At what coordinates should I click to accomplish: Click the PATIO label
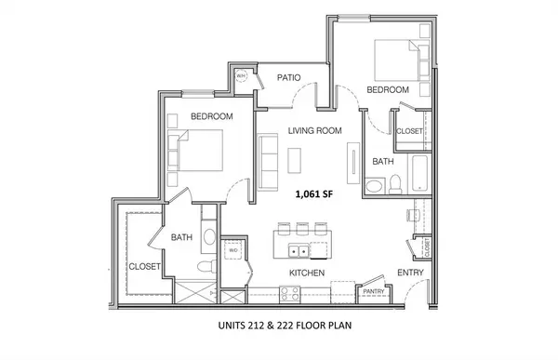[288, 77]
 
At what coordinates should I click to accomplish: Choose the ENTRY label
[410, 273]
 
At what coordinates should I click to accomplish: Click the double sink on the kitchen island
[299, 250]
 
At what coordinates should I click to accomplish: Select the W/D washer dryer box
[234, 250]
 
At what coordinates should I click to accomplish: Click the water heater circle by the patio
[238, 77]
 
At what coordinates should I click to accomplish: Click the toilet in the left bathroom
[203, 268]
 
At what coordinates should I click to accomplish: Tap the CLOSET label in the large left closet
[144, 266]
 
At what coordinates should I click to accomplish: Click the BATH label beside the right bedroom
[383, 161]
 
